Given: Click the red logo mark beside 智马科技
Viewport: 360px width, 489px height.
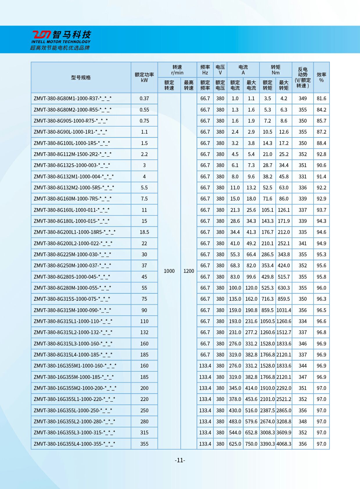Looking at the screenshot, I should click(x=41, y=35).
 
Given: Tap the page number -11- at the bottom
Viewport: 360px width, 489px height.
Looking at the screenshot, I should click(x=180, y=460).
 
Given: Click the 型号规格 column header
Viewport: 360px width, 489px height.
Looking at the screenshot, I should click(x=81, y=78).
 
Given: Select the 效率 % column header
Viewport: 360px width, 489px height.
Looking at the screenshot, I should click(x=321, y=77).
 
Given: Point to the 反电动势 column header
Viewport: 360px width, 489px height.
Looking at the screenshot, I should click(x=303, y=77).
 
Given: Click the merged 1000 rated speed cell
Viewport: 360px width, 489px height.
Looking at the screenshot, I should click(x=169, y=271).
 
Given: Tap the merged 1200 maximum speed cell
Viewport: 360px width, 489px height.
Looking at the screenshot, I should click(x=189, y=271).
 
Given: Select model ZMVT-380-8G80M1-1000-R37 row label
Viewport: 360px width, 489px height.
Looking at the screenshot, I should click(x=73, y=98).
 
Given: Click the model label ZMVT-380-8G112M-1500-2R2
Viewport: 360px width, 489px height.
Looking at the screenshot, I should click(x=73, y=154).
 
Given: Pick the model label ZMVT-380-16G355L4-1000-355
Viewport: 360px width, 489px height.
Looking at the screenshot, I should click(x=74, y=444).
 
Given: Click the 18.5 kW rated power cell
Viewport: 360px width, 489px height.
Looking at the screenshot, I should click(x=144, y=232).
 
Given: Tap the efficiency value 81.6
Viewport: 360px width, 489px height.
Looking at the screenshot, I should click(x=321, y=98).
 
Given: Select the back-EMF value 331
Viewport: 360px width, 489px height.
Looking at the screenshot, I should click(x=303, y=177).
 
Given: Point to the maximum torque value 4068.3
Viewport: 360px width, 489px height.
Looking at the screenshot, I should click(x=284, y=444).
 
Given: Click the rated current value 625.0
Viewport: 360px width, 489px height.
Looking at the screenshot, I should click(x=235, y=444).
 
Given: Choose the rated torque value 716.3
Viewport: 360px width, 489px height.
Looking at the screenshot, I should click(x=267, y=299).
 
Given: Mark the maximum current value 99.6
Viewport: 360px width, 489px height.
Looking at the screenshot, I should click(x=251, y=277).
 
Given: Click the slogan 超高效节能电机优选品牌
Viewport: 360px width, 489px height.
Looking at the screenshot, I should click(x=60, y=48).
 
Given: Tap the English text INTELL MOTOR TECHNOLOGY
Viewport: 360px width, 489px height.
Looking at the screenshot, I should click(x=61, y=42).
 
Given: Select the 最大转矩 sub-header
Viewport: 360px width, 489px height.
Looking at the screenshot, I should click(x=284, y=85).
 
